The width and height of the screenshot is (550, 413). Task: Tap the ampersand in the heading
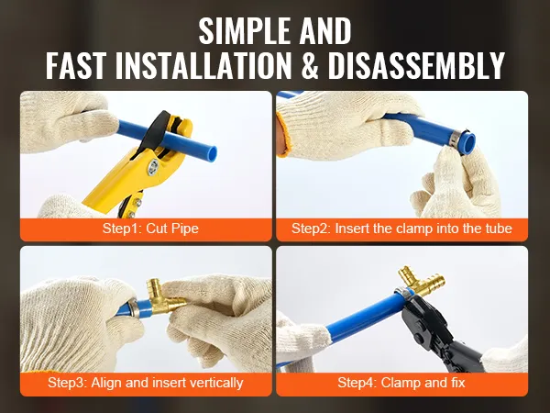pos(310,66)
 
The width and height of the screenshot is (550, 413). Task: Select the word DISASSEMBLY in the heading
pos(416,66)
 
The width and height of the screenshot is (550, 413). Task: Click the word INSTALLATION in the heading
pos(203,66)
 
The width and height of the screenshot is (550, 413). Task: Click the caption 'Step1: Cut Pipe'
pos(150,229)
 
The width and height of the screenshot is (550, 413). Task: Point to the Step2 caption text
pos(401,229)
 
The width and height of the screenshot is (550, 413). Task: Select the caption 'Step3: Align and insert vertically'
pos(145,383)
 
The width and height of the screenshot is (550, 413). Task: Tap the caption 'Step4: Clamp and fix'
pos(401,383)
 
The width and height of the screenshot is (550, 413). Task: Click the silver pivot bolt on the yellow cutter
pos(153,166)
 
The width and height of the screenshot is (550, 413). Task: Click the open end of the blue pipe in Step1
pos(212,153)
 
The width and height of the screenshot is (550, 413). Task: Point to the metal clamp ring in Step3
pos(134,308)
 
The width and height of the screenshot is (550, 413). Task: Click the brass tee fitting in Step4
pos(422,280)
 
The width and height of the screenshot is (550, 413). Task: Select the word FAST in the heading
pos(76,66)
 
